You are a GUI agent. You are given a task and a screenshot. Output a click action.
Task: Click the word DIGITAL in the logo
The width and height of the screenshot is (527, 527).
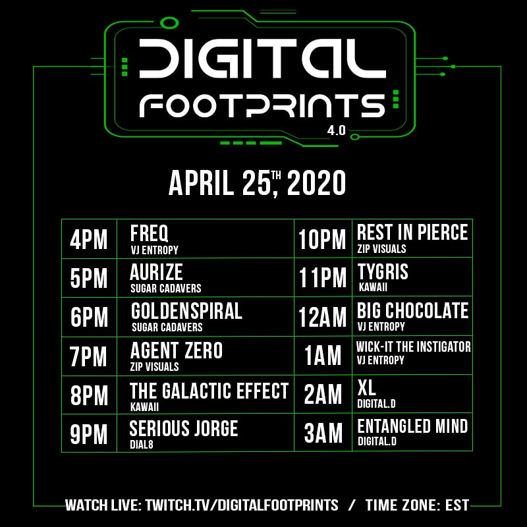click(x=262, y=57)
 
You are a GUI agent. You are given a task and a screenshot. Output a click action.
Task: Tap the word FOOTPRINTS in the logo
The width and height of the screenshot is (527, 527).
click(x=262, y=105)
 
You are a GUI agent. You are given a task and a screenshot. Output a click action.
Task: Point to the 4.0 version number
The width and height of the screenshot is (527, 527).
click(x=336, y=130)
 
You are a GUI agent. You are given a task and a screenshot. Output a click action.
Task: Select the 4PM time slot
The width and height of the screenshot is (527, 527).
click(x=89, y=240)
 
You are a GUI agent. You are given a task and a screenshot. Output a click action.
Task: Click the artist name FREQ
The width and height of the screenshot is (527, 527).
click(x=150, y=233)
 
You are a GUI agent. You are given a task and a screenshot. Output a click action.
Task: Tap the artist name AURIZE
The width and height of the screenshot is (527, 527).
click(x=157, y=272)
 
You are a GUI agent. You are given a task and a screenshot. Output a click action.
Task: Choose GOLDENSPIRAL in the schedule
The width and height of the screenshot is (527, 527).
click(x=186, y=311)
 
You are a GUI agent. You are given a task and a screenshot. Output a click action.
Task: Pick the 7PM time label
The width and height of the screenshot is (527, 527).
click(x=89, y=356)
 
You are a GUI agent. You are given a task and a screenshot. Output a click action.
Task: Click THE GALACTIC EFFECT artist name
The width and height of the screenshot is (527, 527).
click(x=209, y=391)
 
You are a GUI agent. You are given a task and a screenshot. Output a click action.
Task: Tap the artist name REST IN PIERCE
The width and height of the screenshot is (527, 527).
click(x=412, y=233)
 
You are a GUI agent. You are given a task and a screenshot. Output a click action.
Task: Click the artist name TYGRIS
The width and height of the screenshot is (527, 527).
click(x=383, y=271)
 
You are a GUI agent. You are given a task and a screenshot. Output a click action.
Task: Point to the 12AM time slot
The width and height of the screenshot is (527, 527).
click(x=323, y=318)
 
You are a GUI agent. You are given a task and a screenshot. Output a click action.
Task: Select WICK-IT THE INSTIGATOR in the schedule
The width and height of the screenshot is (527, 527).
click(x=413, y=347)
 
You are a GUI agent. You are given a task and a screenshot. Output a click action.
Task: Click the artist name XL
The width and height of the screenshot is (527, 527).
click(x=366, y=386)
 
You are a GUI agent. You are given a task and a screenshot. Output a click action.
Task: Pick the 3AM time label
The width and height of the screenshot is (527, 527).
click(x=323, y=434)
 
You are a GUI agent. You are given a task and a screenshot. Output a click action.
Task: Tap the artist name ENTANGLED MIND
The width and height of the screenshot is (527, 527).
click(x=412, y=426)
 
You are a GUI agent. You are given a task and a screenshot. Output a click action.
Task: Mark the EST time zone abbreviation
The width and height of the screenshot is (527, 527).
click(x=456, y=506)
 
